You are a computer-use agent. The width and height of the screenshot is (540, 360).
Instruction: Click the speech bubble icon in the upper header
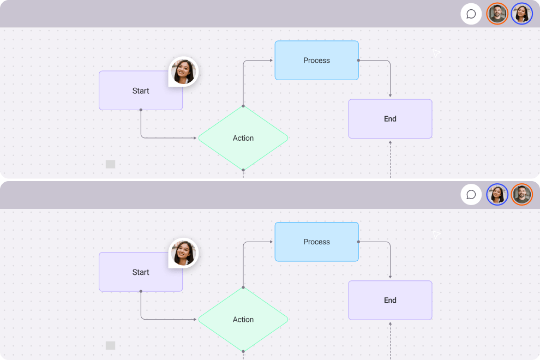click(x=471, y=14)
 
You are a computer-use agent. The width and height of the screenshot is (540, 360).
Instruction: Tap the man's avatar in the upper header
click(x=497, y=14)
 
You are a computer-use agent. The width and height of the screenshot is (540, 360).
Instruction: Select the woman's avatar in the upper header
click(x=522, y=14)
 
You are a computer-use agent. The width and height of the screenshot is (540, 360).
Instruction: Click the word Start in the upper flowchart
click(x=141, y=91)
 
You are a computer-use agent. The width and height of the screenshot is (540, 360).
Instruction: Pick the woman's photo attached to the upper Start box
click(x=184, y=71)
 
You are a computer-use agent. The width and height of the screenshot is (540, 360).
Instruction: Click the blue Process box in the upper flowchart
click(x=316, y=61)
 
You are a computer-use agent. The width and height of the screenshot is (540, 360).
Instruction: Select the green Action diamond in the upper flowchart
click(x=243, y=138)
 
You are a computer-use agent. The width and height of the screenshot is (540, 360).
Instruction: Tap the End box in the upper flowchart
click(x=390, y=119)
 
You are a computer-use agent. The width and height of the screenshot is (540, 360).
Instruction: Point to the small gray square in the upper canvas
click(x=111, y=164)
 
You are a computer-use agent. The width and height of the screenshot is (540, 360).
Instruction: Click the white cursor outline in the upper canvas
click(x=436, y=53)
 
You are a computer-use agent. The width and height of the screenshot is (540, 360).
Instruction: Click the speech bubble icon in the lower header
click(x=471, y=195)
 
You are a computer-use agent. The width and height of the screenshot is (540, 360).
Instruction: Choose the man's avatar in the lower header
click(x=522, y=195)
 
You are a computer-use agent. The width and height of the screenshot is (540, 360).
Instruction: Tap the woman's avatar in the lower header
click(x=497, y=195)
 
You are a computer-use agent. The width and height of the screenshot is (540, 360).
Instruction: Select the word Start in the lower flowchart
click(x=141, y=272)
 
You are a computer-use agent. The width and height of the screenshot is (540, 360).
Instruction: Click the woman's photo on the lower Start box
click(x=184, y=253)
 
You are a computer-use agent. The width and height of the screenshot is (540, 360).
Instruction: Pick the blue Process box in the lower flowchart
click(x=316, y=242)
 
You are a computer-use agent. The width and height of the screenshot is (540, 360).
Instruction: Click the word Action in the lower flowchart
click(x=243, y=319)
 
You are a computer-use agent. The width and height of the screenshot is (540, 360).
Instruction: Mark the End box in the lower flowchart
click(x=390, y=300)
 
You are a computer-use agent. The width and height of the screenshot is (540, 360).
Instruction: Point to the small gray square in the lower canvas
click(x=111, y=345)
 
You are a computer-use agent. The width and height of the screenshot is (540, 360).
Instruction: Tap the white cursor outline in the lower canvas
click(x=436, y=235)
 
